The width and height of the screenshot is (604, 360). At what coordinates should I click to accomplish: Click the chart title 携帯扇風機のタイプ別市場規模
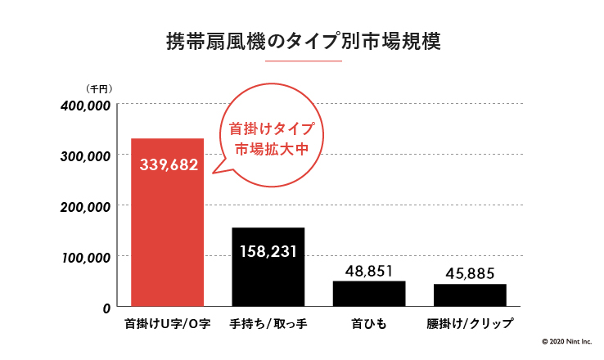(303, 42)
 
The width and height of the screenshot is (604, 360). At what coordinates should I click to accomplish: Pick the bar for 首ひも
(369, 294)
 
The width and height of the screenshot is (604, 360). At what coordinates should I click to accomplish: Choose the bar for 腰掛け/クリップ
(470, 295)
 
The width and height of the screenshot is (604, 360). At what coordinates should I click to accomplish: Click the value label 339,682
(169, 164)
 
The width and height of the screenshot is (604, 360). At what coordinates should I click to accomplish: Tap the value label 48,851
(369, 270)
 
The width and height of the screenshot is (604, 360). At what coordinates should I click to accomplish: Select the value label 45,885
(470, 273)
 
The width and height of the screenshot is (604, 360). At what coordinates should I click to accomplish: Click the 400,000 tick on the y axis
(86, 106)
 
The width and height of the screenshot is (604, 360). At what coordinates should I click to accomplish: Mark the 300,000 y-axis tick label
(86, 156)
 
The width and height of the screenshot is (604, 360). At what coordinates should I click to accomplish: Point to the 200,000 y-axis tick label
(86, 207)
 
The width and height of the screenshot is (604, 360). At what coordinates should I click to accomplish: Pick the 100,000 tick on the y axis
(86, 257)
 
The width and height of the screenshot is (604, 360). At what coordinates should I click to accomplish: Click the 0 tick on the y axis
(106, 308)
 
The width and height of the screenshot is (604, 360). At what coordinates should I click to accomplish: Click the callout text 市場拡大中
(270, 151)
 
